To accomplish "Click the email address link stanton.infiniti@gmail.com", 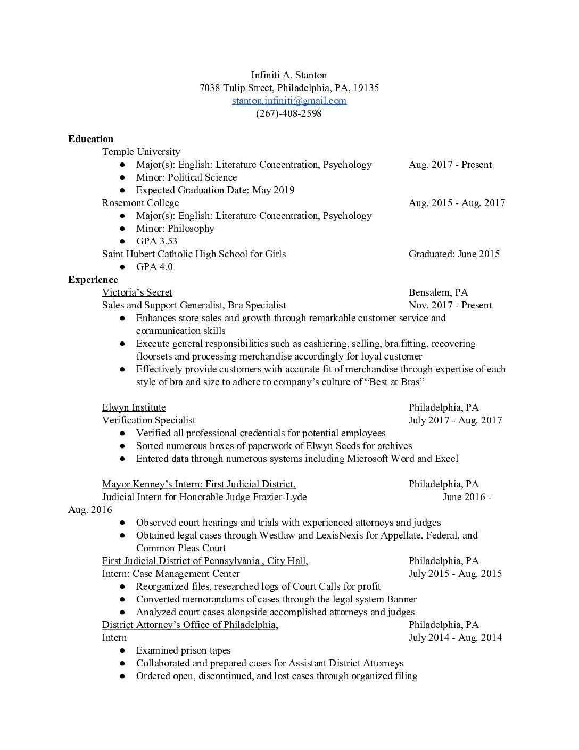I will click(289, 101).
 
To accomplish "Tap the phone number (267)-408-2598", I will click(289, 113).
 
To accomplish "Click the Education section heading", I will click(90, 139).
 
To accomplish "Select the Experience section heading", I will click(93, 280).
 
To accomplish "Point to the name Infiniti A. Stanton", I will click(289, 75).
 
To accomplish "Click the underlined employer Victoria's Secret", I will click(137, 292).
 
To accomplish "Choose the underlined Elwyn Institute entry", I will click(134, 407).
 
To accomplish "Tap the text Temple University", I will click(141, 152).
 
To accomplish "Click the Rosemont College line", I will click(140, 203).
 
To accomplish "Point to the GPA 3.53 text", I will click(156, 241).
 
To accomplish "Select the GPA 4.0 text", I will click(154, 267).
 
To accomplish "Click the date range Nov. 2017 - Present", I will click(450, 305).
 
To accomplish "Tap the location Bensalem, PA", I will click(438, 292).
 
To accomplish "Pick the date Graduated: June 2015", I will click(454, 254).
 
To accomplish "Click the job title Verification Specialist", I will click(148, 420).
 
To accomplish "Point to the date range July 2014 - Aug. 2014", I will click(455, 638).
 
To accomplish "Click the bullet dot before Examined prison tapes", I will click(123, 650).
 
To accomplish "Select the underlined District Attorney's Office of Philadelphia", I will click(190, 625).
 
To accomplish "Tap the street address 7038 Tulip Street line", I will click(289, 88).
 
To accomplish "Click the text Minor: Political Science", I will click(186, 177).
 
